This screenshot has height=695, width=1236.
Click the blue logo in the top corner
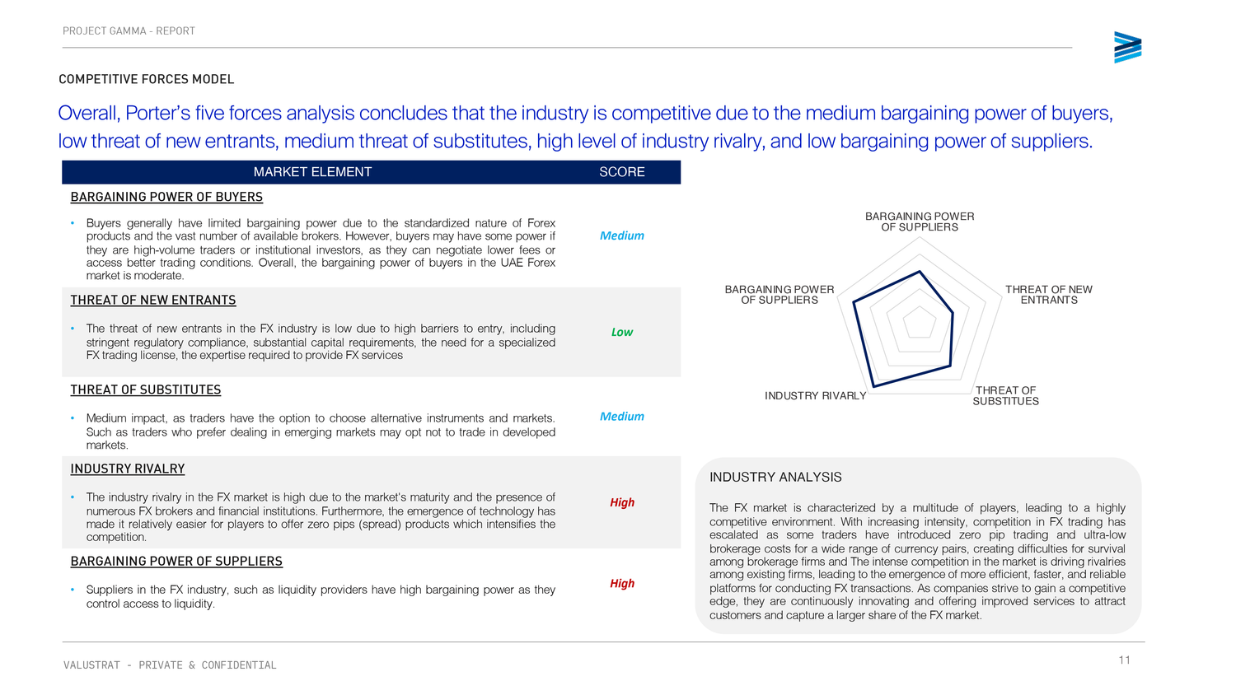[x=1127, y=48]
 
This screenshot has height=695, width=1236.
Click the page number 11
[x=1124, y=660]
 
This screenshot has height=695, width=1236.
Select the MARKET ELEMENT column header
[x=312, y=172]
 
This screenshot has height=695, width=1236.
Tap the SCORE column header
[x=621, y=172]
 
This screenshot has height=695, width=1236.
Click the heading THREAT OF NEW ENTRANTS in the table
[x=153, y=300]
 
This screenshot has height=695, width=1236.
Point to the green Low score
[x=621, y=332]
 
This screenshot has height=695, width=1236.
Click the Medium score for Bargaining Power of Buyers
[x=621, y=236]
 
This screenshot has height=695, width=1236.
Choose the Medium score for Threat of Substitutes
[x=621, y=416]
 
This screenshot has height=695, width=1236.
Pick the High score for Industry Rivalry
[x=621, y=502]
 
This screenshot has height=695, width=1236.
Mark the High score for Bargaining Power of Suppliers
[x=621, y=583]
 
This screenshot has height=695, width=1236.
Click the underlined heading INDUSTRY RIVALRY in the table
[x=128, y=469]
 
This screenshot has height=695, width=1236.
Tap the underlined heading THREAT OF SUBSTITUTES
[x=146, y=389]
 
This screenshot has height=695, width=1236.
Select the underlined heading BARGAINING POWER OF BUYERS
[x=166, y=197]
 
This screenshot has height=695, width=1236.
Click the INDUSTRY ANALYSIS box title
[x=775, y=477]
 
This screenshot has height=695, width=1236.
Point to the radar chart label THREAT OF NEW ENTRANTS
[x=1048, y=295]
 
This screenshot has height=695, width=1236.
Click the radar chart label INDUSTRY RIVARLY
[x=815, y=396]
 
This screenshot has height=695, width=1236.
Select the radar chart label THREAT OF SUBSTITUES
[x=1005, y=396]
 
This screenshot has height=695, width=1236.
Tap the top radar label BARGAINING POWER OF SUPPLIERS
[x=920, y=222]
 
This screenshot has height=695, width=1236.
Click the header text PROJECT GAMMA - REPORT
[x=129, y=31]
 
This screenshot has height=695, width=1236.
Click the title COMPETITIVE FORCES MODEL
[x=147, y=79]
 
